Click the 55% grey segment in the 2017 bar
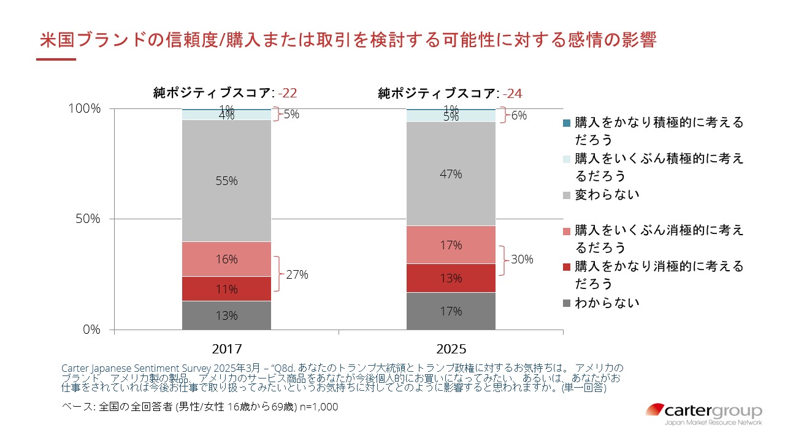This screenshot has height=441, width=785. (226, 181)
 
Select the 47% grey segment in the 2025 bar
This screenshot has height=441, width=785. (451, 174)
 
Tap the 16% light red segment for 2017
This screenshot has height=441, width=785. (226, 259)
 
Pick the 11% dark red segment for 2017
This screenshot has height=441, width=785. (226, 288)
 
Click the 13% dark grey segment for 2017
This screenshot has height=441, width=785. (226, 315)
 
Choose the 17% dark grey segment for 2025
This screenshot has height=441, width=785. (451, 311)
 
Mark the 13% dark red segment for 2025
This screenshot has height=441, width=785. (451, 278)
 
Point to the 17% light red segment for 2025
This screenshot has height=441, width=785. (451, 245)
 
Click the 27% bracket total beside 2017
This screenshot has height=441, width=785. (297, 274)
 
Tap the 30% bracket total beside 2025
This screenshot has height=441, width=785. (521, 260)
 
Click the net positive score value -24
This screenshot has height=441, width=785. (512, 94)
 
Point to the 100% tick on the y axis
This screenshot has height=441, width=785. (86, 108)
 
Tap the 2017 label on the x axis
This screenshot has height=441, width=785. (226, 349)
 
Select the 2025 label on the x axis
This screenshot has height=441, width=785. (451, 349)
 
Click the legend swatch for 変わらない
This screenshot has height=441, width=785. (566, 195)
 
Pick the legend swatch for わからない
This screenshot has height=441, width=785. (566, 303)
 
